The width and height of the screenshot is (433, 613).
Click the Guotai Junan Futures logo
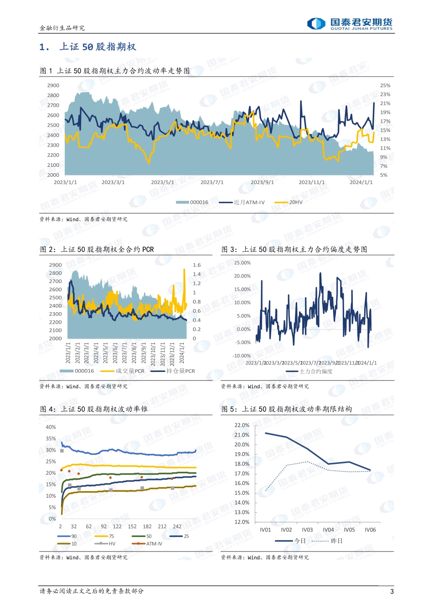(350, 24)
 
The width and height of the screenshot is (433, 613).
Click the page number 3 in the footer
(392, 592)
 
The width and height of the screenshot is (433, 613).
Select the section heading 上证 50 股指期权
(98, 47)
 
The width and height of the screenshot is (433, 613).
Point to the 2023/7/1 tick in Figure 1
(212, 182)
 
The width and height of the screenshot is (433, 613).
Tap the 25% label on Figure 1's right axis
(385, 85)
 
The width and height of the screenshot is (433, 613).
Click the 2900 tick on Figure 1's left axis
(53, 85)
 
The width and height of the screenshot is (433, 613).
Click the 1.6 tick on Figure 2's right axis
(196, 265)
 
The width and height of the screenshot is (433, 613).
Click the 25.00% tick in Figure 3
(242, 263)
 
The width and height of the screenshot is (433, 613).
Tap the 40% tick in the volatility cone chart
(51, 427)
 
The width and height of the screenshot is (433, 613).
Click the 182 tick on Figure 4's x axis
(147, 526)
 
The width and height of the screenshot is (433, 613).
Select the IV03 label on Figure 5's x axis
(307, 530)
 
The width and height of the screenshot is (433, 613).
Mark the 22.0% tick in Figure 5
(242, 425)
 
